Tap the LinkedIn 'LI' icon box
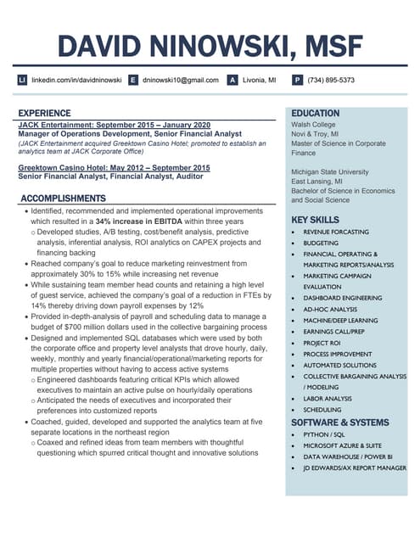pyautogui.click(x=23, y=80)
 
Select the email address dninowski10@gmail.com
pyautogui.click(x=179, y=80)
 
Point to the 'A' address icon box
pyautogui.click(x=232, y=80)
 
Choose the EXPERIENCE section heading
pyautogui.click(x=45, y=113)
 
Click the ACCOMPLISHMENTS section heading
pyautogui.click(x=64, y=199)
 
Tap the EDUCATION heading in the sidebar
pyautogui.click(x=315, y=113)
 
